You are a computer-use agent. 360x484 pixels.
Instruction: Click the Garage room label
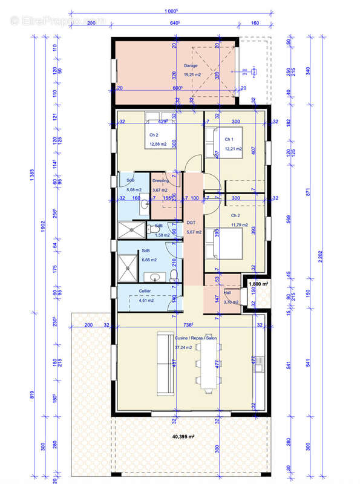point(191,66)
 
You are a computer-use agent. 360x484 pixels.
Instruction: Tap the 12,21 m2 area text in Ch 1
point(234,148)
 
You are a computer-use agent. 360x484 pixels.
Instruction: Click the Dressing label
point(160,180)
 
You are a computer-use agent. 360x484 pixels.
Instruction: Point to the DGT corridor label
point(191,222)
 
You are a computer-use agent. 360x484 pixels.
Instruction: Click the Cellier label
point(145,290)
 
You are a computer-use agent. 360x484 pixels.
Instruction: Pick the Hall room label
point(227,292)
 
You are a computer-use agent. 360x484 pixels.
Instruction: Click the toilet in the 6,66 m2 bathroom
point(174,275)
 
